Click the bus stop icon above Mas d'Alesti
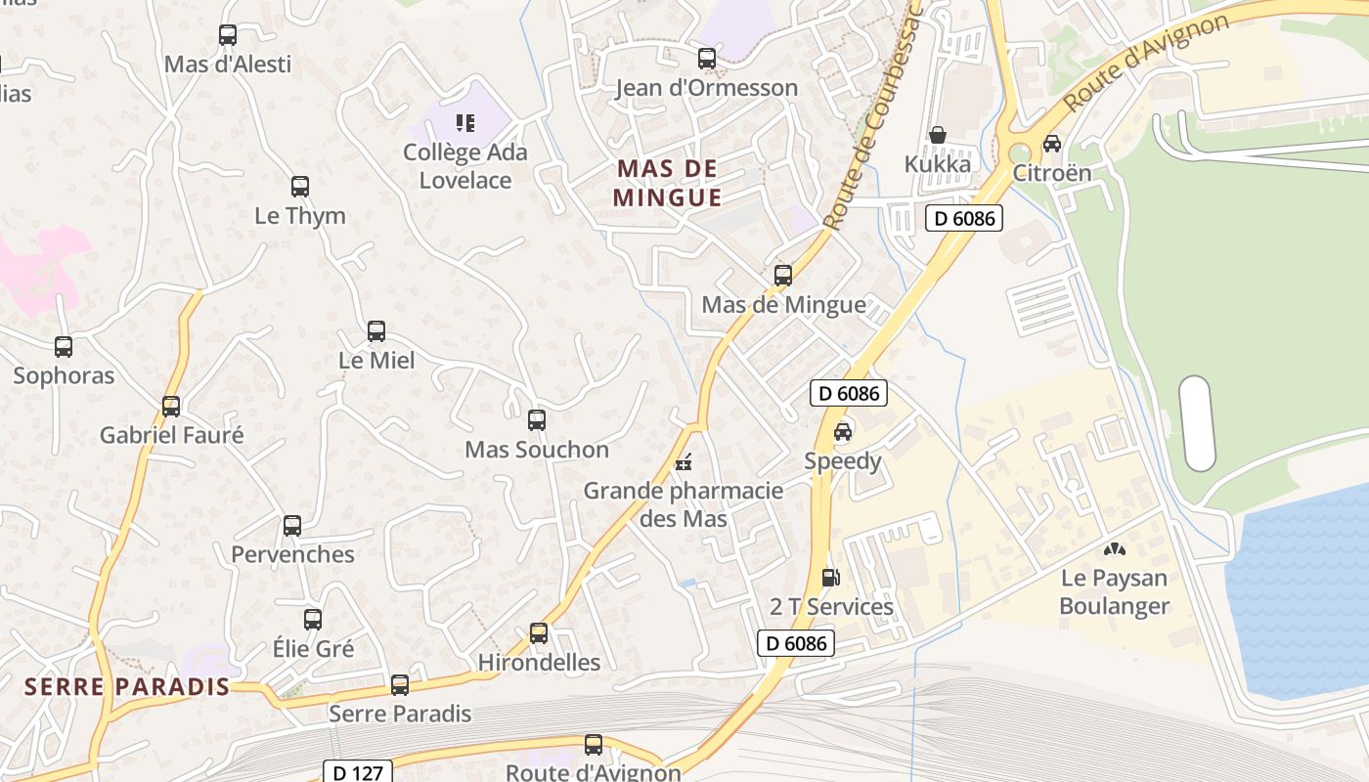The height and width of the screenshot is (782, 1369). pos(228,35)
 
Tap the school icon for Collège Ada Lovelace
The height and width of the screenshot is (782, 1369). pos(465,123)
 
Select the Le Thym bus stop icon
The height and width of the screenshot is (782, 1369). pos(300,187)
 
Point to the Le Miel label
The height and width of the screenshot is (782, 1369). pos(376,361)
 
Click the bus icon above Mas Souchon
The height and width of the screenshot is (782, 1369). pos(537,420)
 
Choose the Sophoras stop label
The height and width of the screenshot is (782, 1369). pos(64,376)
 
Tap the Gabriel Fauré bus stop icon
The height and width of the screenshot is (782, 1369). pos(171,406)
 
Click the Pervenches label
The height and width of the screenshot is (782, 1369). pos(292,555)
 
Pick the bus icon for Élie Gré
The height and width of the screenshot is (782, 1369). pos(313,619)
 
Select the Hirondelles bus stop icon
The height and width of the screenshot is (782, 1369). pos(539,632)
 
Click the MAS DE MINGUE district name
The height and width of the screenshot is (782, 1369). pos(668,183)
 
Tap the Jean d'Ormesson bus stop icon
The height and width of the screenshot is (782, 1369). pos(707,59)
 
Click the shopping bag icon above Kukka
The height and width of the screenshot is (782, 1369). pos(938,134)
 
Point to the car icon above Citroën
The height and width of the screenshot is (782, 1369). pos(1052,144)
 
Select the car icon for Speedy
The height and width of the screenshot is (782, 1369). pos(843,431)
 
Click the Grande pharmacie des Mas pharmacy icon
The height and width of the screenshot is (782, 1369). pos(684,461)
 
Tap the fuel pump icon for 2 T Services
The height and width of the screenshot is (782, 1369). pos(831,577)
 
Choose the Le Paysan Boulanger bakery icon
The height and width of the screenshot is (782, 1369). pos(1115,549)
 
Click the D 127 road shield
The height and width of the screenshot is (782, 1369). pos(357,772)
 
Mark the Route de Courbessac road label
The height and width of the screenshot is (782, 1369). pos(874,117)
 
